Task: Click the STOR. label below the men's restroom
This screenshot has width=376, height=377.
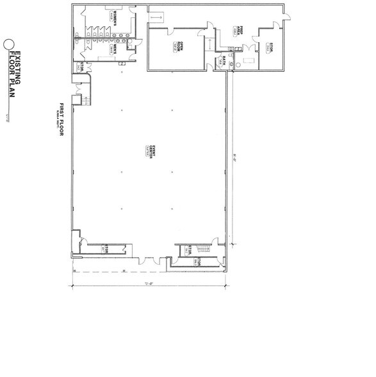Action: pyautogui.click(x=82, y=67)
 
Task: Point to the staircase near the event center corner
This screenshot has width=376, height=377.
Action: pyautogui.click(x=204, y=249)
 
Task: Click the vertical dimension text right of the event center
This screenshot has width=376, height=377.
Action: pyautogui.click(x=236, y=154)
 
